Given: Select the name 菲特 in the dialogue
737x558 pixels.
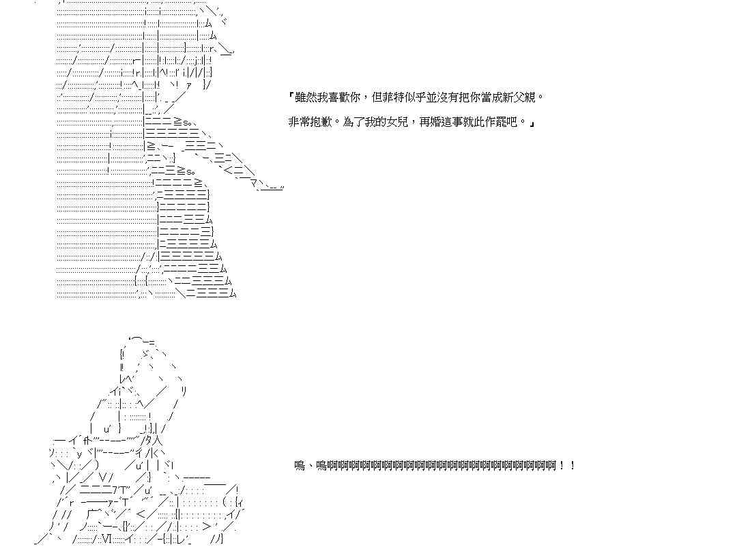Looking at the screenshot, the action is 393,98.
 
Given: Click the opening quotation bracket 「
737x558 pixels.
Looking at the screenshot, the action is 291,98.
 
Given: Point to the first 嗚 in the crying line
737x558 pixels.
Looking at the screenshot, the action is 300,466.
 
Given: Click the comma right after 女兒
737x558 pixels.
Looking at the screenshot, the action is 414,123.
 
